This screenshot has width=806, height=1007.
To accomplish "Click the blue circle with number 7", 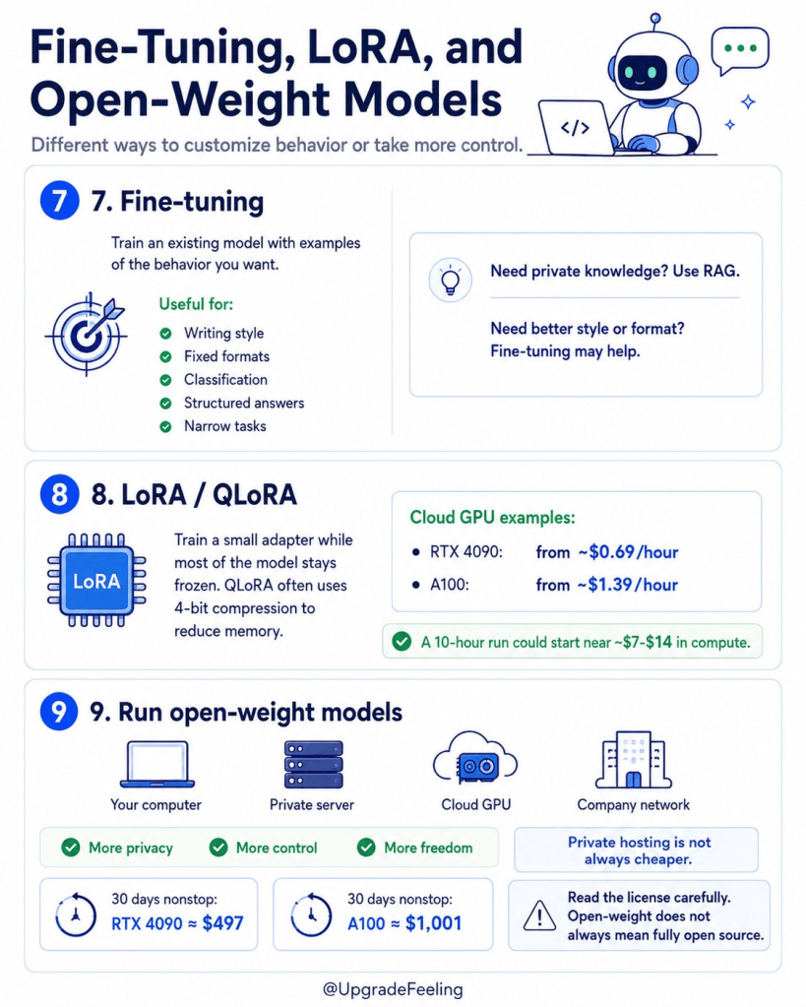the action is point(59,201).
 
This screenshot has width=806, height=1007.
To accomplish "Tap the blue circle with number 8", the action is point(59,494).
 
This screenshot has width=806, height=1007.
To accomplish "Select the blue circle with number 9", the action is point(59,712).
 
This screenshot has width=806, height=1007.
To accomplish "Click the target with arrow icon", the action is point(86,334).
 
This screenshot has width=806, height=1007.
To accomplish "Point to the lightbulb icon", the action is point(450,281).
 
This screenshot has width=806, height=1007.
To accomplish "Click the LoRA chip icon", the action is point(96,581).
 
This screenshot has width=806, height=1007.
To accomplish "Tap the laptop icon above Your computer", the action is point(157,764).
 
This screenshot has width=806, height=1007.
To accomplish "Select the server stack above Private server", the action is point(313,764).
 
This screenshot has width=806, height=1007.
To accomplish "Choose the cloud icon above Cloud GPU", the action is point(475,758).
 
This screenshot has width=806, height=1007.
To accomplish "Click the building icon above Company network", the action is point(633,760).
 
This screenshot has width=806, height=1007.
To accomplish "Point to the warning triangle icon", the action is point(539,914).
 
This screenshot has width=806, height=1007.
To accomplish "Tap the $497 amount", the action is point(222,923).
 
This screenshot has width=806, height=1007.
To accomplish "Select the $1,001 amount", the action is point(433,923).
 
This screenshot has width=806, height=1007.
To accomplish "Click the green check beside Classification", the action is point(165,380).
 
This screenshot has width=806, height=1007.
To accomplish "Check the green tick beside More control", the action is point(218,848).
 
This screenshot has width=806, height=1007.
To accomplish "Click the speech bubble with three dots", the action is point(740,51).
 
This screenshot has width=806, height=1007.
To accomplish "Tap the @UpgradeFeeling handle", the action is point(393,989).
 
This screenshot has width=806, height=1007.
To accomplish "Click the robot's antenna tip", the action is point(655,18).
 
